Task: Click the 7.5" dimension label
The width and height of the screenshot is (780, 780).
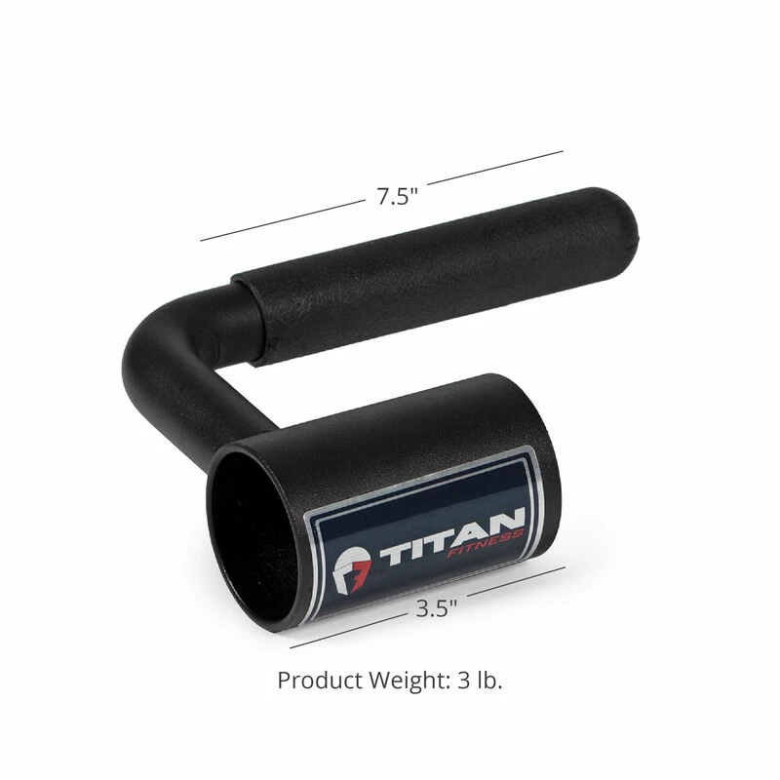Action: coord(397,195)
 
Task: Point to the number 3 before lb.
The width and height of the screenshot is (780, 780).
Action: coord(460,680)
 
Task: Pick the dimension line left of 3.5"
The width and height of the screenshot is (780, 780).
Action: coord(346,631)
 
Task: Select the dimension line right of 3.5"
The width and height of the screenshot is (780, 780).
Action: coord(517,583)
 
